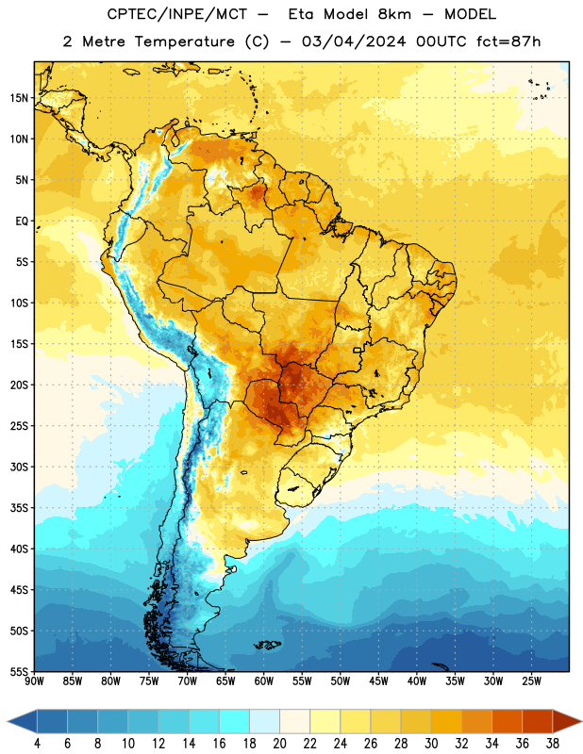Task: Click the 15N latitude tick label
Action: (19, 98)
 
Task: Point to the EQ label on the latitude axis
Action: (22, 221)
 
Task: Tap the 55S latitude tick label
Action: (19, 671)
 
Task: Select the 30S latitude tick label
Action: (19, 467)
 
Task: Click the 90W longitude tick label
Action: (34, 681)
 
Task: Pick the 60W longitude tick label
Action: (264, 681)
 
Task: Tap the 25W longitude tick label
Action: (531, 681)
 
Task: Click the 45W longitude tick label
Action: (378, 681)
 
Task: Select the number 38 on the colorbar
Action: (553, 744)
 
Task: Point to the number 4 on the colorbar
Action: (37, 744)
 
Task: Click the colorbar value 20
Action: (279, 744)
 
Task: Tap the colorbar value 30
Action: (431, 744)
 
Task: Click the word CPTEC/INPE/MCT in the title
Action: (176, 14)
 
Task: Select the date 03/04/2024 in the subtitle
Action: (354, 41)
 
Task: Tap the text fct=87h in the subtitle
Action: (508, 41)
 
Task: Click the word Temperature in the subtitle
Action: (185, 42)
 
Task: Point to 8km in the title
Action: (394, 14)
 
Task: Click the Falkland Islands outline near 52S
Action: (268, 645)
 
